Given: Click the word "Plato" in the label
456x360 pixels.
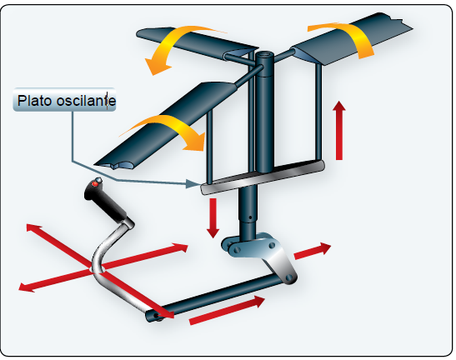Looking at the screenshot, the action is tap(36, 101).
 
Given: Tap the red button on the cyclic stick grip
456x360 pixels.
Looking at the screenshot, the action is tap(95, 184).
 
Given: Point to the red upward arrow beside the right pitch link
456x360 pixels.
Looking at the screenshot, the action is tap(339, 130).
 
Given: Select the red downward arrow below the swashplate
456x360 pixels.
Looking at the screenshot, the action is tap(213, 218).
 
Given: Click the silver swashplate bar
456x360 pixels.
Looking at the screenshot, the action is tap(263, 177).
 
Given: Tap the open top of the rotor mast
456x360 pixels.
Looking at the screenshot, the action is tap(264, 55).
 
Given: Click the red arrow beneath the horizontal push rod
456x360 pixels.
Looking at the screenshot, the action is tap(227, 310).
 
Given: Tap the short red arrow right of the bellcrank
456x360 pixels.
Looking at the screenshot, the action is tap(313, 251).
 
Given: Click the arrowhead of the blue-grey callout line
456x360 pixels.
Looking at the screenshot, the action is tap(193, 184).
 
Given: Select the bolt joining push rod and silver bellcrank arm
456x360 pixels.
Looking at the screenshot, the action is tap(288, 277).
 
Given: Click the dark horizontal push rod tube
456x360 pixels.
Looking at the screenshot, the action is tap(215, 297).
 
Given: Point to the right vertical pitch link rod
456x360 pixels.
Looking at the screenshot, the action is tap(318, 112).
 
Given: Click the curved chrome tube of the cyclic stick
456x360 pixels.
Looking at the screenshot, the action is tap(99, 262).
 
